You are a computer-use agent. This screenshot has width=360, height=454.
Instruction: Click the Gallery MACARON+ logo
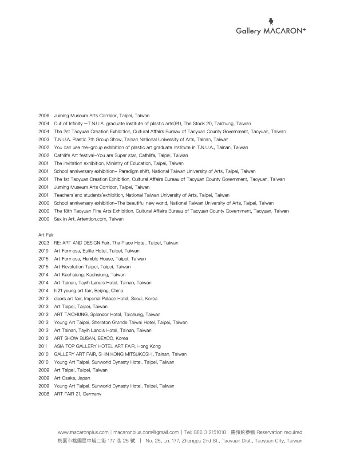(x=270, y=28)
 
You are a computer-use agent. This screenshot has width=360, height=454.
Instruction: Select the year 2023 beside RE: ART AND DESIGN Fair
(x=44, y=243)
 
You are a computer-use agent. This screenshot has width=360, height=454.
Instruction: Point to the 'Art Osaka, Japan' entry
(x=72, y=378)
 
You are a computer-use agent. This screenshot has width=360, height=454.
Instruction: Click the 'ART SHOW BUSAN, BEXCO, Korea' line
(x=91, y=338)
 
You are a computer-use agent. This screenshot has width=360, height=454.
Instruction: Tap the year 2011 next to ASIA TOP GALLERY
(x=44, y=346)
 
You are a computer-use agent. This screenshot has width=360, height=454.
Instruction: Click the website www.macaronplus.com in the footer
(x=83, y=432)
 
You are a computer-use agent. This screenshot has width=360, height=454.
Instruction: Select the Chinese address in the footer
(x=96, y=441)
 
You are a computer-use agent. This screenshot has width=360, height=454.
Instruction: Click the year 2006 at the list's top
(x=44, y=115)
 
